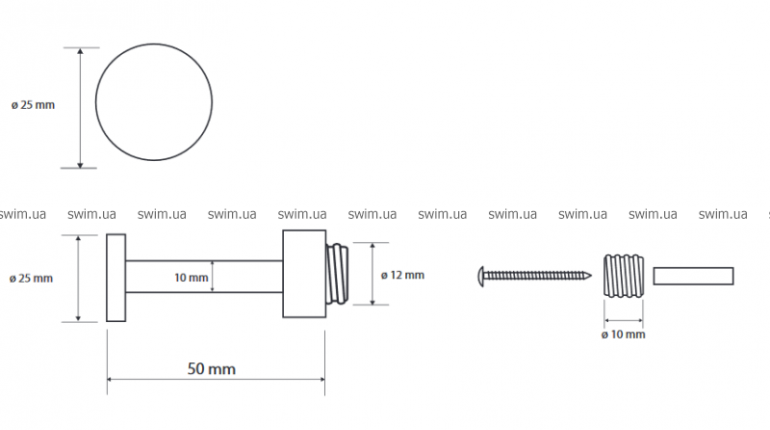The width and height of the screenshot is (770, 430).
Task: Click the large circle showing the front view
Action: tap(154, 105)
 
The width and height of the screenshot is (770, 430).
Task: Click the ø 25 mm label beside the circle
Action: tap(33, 105)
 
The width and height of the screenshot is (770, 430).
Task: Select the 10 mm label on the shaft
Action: tap(192, 278)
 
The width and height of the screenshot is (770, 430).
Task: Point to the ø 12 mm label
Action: tap(402, 275)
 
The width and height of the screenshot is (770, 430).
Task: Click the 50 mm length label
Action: tap(211, 368)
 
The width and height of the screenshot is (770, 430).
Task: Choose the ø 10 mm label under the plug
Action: tap(623, 335)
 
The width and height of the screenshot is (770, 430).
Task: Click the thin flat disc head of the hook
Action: tap(115, 278)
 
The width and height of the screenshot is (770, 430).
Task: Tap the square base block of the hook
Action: tap(303, 275)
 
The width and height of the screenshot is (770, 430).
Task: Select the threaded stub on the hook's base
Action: tap(336, 275)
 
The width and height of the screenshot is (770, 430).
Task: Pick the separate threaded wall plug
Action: tap(623, 276)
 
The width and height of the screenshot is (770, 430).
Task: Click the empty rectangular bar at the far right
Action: tap(693, 276)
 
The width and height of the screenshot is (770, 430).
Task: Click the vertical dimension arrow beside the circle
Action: tap(80, 106)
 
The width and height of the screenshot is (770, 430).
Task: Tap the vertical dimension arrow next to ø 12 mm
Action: tap(370, 275)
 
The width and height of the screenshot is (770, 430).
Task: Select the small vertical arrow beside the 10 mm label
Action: tap(213, 278)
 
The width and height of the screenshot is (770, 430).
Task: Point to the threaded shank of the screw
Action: tap(539, 276)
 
